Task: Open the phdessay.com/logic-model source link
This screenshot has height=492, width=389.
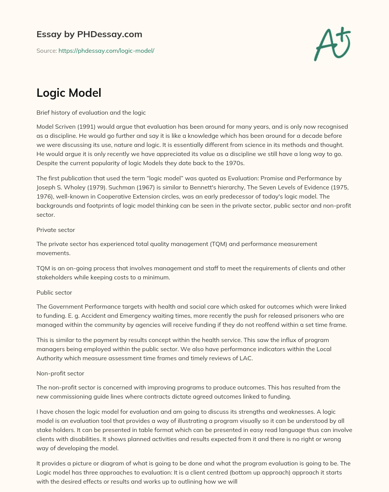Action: [106, 50]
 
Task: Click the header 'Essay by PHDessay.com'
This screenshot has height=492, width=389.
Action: [89, 34]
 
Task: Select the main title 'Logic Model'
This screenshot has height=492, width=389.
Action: [69, 93]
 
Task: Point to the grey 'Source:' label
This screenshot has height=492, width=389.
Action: [46, 50]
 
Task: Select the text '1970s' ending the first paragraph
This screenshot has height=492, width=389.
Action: [236, 163]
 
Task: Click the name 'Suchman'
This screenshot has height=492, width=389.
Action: [120, 187]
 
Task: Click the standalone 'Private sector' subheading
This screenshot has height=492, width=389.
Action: [56, 230]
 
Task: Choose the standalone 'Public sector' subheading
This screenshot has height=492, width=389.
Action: [54, 292]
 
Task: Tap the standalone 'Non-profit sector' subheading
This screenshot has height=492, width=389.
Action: [60, 373]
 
